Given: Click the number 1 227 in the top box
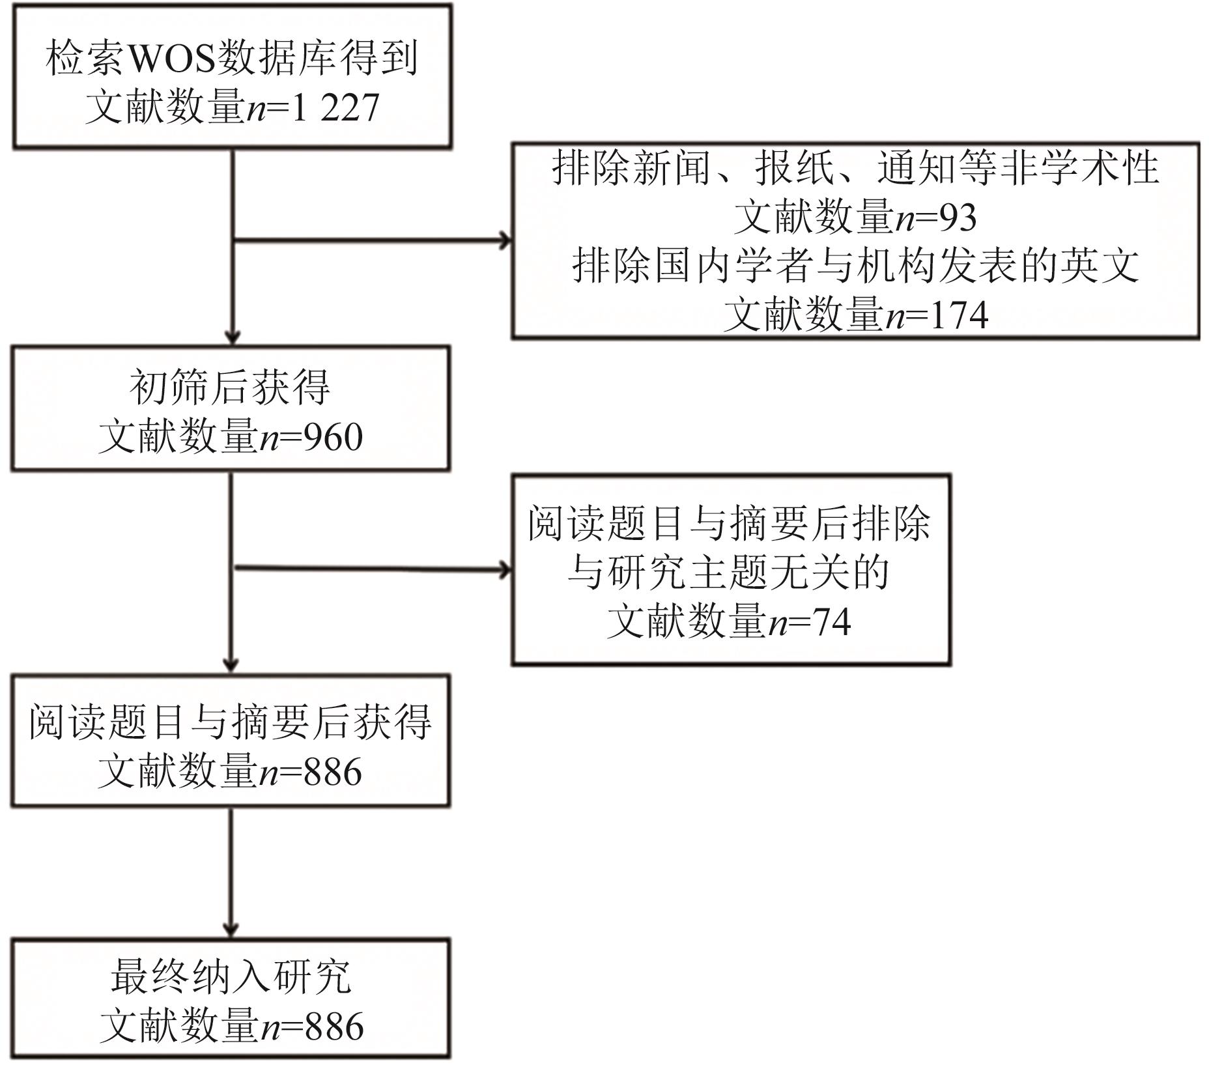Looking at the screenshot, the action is click(335, 107).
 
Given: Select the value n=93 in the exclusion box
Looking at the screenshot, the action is click(936, 218).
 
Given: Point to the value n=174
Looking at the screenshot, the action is click(937, 315).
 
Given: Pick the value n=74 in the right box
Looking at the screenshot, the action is click(810, 622).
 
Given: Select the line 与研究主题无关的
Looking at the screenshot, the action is click(729, 573).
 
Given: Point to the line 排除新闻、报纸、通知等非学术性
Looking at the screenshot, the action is click(856, 167).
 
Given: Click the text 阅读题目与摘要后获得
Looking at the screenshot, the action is click(231, 722).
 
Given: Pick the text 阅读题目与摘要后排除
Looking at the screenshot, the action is click(729, 523).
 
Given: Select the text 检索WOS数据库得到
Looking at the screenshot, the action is click(232, 58).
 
